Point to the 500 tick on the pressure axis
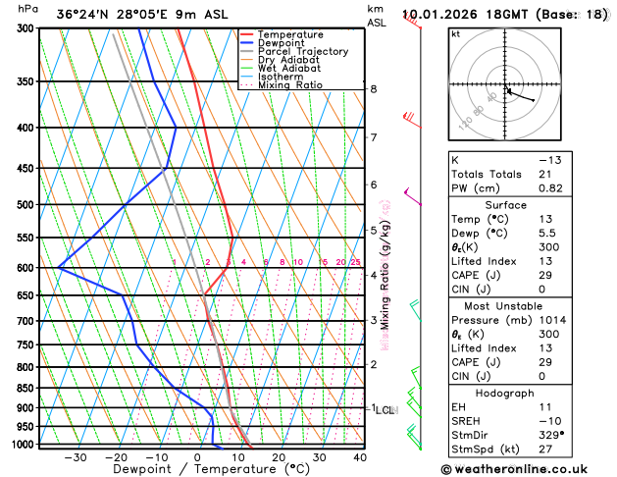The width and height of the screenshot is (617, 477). tap(24, 205)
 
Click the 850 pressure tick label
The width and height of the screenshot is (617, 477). tap(24, 389)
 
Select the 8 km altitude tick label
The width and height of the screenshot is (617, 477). tap(373, 89)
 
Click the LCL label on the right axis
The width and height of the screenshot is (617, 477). tap(384, 409)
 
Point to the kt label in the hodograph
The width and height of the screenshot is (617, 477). tap(456, 34)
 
